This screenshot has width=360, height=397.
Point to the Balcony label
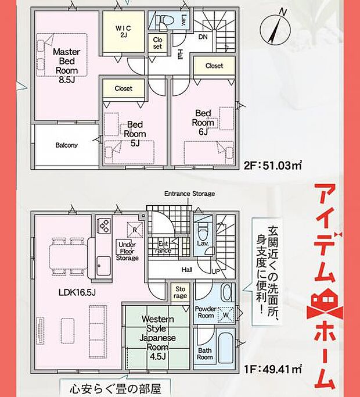coord(67,145)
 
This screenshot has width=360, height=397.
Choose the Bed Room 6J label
coord(203,122)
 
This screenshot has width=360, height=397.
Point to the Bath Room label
coord(204,354)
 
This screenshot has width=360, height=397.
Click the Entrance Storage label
coord(189,194)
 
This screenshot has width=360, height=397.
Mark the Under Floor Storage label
coord(127,250)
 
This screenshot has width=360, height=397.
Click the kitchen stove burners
coord(105,225)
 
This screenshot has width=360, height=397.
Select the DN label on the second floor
coord(203,37)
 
